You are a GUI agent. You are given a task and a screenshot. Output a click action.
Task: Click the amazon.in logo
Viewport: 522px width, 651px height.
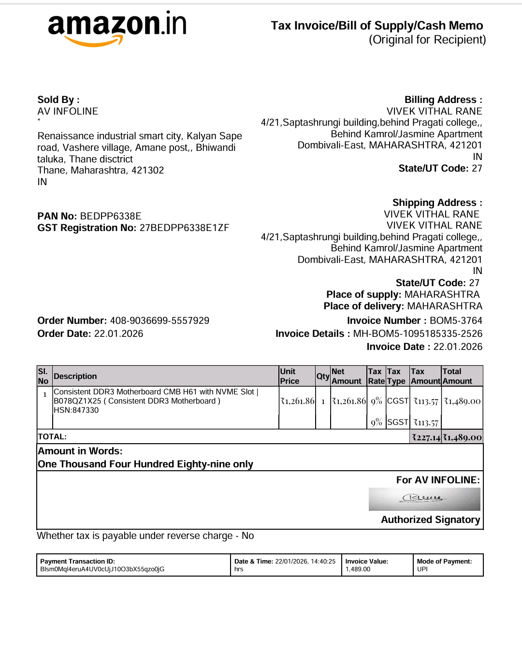coord(117,28)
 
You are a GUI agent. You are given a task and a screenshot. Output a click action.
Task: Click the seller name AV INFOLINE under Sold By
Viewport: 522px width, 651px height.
coord(68,111)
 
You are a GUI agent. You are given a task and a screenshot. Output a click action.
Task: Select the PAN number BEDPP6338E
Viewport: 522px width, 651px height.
coord(111,216)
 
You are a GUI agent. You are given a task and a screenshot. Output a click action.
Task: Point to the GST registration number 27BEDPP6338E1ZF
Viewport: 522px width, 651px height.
coord(184,228)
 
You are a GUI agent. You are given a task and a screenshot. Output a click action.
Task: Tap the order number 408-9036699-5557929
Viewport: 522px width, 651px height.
coord(159,320)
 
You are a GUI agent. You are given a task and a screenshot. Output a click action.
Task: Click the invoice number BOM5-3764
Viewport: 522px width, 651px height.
coord(456,320)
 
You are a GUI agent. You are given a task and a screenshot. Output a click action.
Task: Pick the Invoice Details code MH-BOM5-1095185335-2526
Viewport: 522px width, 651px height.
coord(418,333)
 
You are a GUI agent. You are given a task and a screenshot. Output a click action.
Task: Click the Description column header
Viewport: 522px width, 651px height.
coord(75,376)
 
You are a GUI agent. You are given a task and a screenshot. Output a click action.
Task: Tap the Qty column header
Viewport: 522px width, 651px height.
coord(322,376)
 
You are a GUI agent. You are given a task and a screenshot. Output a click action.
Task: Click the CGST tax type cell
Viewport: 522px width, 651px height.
coord(398,401)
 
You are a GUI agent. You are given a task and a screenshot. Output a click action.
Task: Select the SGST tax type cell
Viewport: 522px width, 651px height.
coord(398,422)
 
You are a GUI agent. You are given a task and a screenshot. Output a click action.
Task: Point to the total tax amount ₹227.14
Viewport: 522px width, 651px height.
coord(426,437)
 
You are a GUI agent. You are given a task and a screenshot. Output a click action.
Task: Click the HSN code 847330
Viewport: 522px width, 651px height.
coord(86,410)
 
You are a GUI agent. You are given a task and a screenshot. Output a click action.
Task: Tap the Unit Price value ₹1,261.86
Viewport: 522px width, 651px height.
coord(297,401)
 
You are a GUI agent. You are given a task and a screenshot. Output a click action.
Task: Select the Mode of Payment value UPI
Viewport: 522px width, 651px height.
coord(422,569)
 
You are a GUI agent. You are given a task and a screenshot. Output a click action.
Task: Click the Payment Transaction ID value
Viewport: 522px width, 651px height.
coord(102,569)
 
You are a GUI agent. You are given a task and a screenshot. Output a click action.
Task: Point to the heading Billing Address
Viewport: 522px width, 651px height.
coord(443,100)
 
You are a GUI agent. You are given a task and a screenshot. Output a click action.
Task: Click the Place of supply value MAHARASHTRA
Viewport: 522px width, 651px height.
coord(442,294)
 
